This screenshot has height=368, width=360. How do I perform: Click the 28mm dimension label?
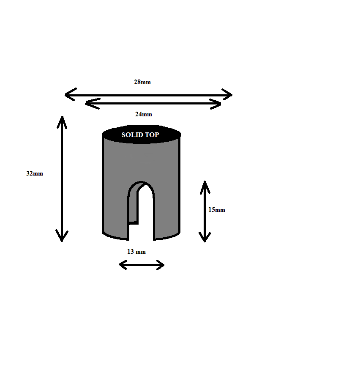142,82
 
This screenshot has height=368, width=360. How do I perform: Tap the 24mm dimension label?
143,114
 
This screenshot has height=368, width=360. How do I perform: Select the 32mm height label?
35,173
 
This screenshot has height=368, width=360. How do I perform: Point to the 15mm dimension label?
217,210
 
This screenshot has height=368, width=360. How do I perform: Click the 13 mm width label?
136,252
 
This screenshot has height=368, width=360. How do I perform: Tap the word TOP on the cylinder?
152,135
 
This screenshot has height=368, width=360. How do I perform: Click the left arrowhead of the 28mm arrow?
70,95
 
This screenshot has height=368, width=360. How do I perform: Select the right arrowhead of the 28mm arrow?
227,94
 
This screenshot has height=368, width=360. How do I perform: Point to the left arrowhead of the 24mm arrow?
93,104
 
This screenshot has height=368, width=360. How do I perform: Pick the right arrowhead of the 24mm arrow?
215,104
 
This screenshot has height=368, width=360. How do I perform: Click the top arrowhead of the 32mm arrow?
62,122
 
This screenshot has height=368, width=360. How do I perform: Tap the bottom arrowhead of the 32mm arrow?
62,236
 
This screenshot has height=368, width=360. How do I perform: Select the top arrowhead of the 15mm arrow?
205,187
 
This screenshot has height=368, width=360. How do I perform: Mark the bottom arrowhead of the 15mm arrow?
205,237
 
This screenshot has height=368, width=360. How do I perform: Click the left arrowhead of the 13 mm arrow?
123,265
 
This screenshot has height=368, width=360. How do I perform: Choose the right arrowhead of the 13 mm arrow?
160,265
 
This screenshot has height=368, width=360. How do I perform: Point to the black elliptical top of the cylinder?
141,135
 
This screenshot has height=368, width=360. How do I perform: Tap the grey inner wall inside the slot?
134,204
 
